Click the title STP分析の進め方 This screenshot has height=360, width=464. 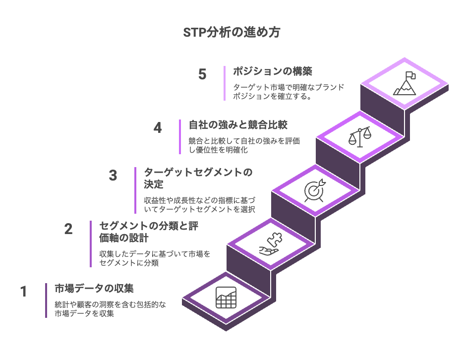click(232, 32)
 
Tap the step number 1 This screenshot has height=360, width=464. click(24, 291)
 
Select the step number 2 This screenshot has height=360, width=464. click(68, 229)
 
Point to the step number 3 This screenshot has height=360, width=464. click(113, 175)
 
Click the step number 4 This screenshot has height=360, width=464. click(158, 128)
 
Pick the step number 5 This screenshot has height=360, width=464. click(202, 74)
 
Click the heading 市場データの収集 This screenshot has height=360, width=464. click(94, 289)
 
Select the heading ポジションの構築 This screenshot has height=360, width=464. click(273, 71)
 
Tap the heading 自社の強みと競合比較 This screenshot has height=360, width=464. click(238, 125)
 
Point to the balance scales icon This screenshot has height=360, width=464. click(359, 137)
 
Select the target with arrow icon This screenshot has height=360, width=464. click(315, 190)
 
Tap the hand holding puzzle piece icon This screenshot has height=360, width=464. click(271, 244)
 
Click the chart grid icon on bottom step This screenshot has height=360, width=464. click(226, 298)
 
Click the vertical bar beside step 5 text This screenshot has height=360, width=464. click(225, 83)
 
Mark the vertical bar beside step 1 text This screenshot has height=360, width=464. click(46, 300)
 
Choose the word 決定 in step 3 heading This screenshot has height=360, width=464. click(154, 184)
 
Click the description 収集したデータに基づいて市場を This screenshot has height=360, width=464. click(155, 254)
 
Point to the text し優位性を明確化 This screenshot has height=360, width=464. click(218, 150)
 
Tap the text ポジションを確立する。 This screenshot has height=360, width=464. click(272, 96)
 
